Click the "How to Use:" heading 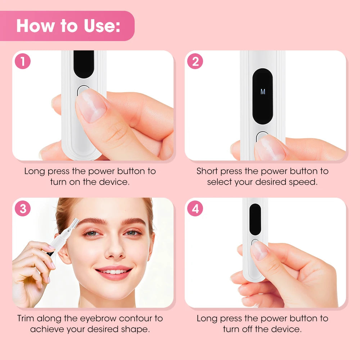(x=68, y=26)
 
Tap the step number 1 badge (x=23, y=62)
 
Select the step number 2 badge (x=195, y=62)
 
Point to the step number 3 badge (x=23, y=209)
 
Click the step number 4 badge (x=195, y=209)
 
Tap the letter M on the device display (x=262, y=92)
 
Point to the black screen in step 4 (x=255, y=219)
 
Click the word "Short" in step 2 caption (x=208, y=171)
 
